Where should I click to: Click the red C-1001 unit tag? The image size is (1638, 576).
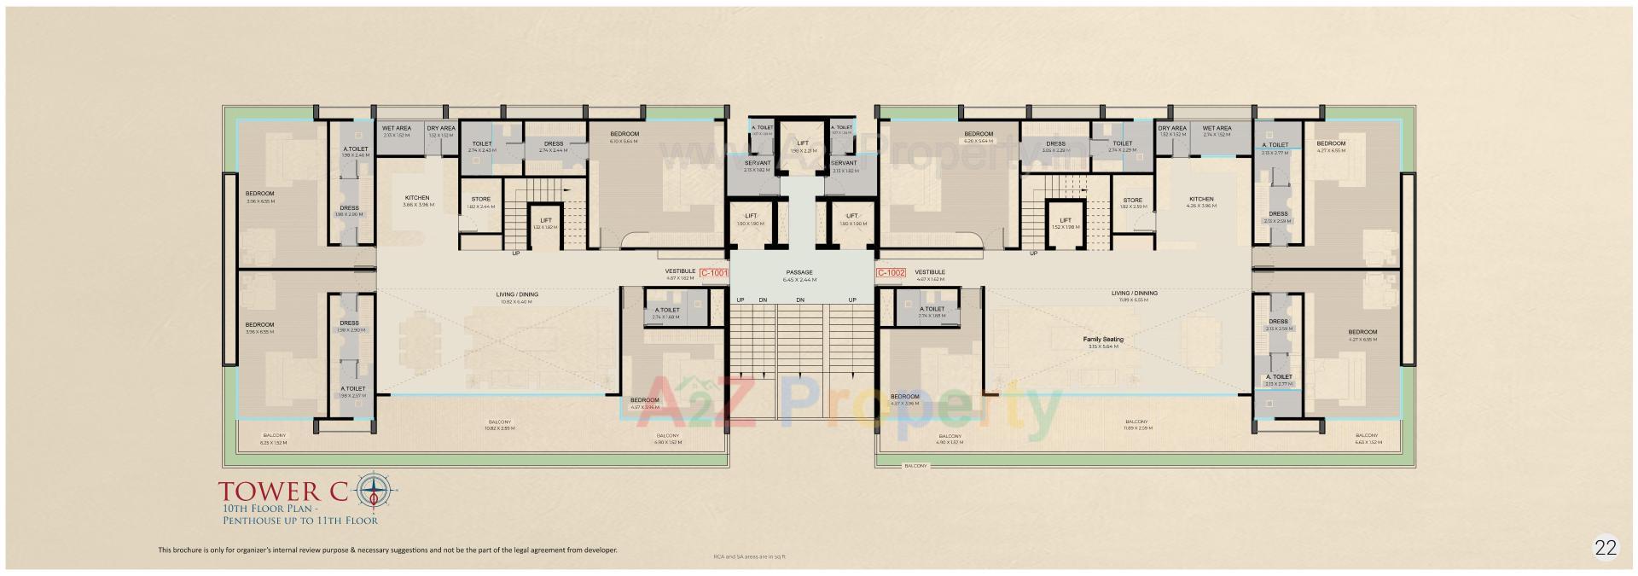tap(713, 273)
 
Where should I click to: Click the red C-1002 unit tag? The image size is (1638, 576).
tap(891, 273)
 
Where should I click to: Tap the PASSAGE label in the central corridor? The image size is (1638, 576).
tap(799, 273)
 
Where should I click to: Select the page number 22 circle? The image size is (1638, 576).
tap(1605, 548)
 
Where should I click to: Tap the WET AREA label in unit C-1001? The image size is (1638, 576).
tap(398, 129)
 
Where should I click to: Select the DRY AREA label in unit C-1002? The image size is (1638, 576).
tap(1172, 129)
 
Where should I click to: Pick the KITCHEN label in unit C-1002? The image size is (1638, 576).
tap(1200, 200)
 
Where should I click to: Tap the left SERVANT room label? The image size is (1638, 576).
tap(757, 163)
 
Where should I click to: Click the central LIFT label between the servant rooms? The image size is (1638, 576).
tap(802, 143)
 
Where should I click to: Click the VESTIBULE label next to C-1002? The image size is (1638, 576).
tap(929, 272)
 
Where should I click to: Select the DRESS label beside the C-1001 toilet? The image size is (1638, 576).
tap(553, 144)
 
